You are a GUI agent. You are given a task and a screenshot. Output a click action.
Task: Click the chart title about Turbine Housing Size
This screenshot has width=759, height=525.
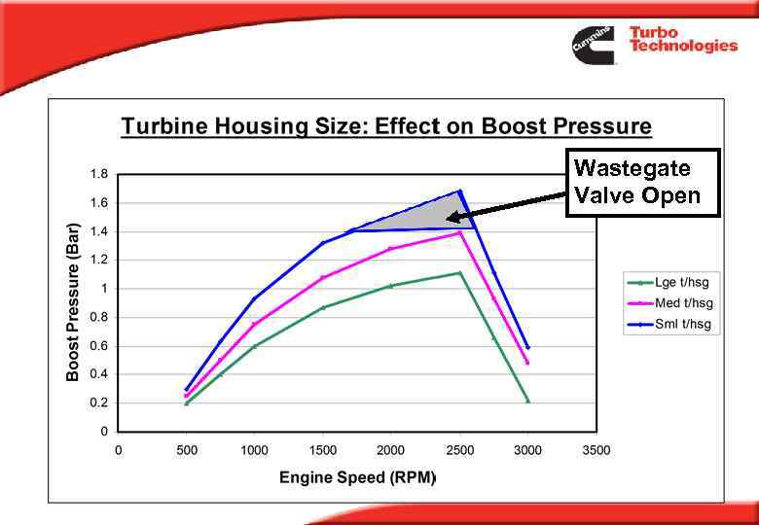[x=385, y=126]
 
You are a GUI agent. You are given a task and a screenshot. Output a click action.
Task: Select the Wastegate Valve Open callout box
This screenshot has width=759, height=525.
[x=642, y=182]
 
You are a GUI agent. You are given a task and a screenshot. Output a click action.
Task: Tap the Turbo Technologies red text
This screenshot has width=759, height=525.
[x=682, y=40]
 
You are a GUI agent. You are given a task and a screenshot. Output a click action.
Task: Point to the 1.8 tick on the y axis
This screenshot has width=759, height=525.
[x=99, y=175]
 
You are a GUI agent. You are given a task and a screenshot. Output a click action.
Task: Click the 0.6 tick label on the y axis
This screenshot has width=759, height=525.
[x=99, y=346]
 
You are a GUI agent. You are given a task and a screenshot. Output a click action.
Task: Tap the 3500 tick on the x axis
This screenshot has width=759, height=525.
[x=596, y=450]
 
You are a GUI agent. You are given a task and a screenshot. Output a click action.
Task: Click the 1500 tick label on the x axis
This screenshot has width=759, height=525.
[x=323, y=450]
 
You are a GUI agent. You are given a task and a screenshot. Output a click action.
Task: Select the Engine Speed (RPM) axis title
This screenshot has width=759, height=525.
[x=357, y=477]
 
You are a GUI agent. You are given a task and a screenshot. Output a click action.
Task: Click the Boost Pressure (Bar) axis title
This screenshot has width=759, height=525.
[x=73, y=301]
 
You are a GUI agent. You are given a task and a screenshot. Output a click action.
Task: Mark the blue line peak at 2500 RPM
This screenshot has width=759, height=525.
[x=459, y=192]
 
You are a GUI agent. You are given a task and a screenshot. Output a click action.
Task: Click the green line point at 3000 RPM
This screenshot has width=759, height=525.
[x=527, y=401]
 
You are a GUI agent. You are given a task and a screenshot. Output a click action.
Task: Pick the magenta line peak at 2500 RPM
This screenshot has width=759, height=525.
[x=459, y=233]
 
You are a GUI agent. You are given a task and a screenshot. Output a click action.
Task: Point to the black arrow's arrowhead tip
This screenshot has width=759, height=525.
[x=447, y=219]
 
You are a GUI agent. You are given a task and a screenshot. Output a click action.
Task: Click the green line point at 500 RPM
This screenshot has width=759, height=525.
[x=187, y=402]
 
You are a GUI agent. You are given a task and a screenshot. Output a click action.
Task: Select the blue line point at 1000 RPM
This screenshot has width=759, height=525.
[x=255, y=298]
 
